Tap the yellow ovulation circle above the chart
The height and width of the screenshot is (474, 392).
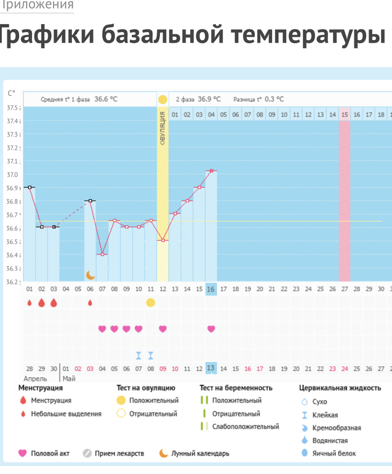(162, 99)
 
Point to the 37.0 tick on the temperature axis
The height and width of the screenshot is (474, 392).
(12, 175)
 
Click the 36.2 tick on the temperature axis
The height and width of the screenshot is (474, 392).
(12, 282)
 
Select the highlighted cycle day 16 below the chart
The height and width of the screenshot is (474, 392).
(211, 289)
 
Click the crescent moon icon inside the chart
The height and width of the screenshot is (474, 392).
(90, 275)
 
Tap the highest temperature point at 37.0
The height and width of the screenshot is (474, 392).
(211, 171)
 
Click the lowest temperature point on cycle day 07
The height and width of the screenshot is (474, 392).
(102, 254)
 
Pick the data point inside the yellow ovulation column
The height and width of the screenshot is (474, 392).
(162, 240)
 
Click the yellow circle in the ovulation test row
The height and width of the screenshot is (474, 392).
(150, 302)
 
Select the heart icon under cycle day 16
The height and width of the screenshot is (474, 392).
(211, 329)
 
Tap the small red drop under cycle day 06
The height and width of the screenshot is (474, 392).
(90, 303)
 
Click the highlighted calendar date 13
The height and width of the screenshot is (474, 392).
(211, 368)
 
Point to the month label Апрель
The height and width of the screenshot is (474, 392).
(35, 379)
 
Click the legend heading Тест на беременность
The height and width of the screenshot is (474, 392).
(236, 388)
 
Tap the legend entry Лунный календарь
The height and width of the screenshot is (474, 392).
(200, 454)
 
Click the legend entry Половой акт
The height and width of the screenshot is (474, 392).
(50, 454)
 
